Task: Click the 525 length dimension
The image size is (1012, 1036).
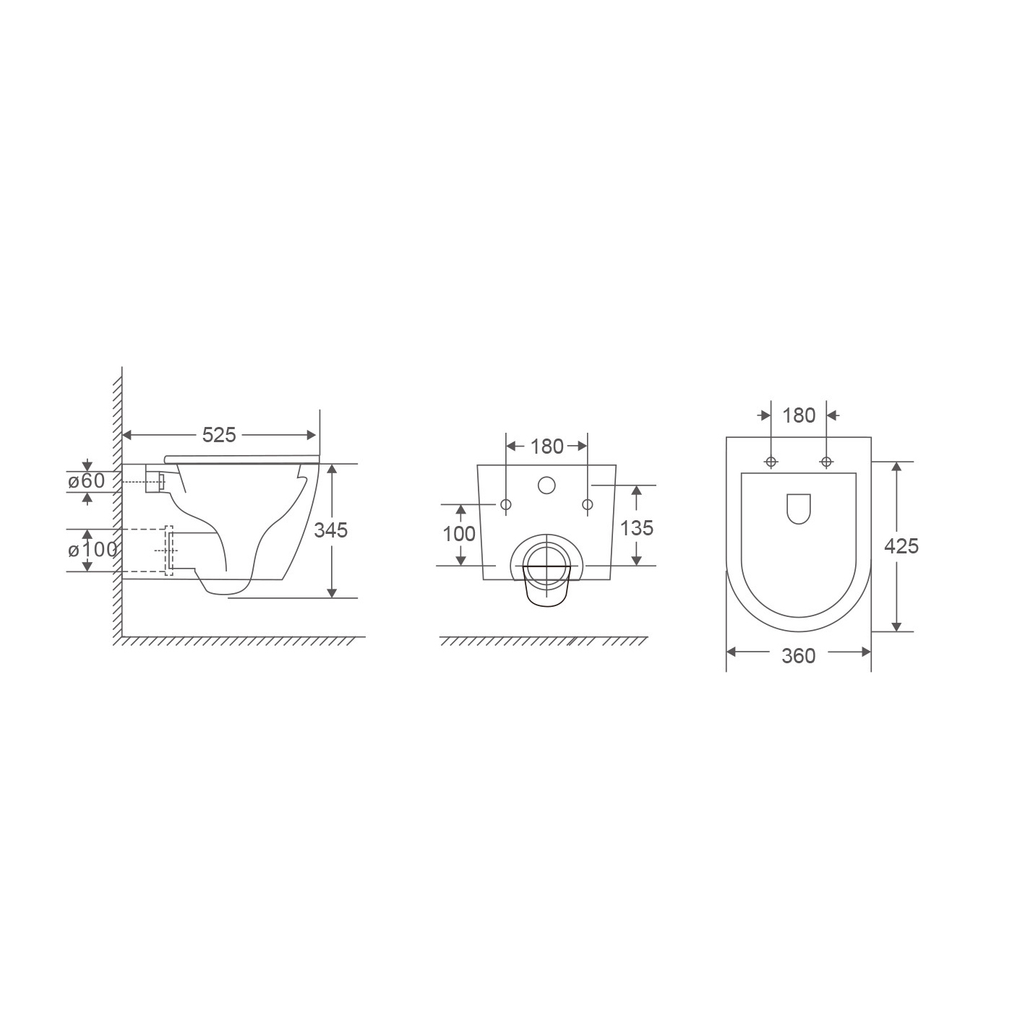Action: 219,436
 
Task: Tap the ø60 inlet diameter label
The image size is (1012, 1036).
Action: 86,481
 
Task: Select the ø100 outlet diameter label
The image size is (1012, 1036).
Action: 93,550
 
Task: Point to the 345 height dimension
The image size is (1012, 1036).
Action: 331,530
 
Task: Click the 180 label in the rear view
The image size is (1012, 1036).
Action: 547,446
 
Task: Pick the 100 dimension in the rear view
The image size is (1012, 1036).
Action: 459,534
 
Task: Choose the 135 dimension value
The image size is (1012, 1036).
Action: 637,528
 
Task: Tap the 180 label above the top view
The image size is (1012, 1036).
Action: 799,416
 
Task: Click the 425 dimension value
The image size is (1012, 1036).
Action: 901,546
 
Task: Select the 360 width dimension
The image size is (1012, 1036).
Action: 799,656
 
